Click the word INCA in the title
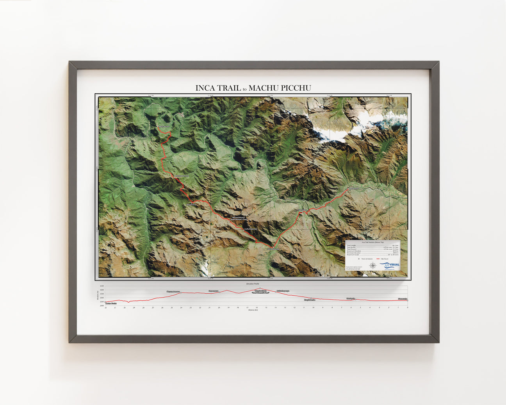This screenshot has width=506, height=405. click(206, 88)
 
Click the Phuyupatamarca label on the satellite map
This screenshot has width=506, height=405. click(181, 176)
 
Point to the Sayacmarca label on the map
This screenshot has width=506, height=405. click(192, 204)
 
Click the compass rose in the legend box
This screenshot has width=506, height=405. click(373, 266)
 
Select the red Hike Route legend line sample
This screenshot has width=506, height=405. click(378, 259)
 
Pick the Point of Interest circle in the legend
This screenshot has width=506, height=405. click(359, 259)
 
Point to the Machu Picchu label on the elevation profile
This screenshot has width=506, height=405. click(111, 303)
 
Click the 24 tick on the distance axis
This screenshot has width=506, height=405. click(181, 308)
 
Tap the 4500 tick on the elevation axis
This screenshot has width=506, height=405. click(102, 286)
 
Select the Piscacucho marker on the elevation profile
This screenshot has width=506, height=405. click(407, 300)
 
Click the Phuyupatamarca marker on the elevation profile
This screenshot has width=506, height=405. click(181, 293)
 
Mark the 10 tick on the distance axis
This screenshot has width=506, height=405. click(313, 308)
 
